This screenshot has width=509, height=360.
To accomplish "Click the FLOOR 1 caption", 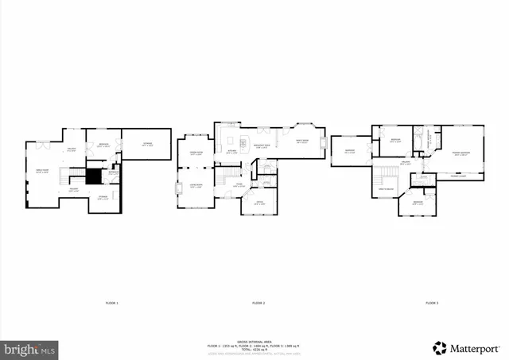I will [111, 303].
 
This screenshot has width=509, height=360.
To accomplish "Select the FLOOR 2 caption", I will [258, 303].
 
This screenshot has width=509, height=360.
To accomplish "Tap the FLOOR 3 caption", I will [431, 303].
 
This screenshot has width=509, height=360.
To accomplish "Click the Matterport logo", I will [467, 347].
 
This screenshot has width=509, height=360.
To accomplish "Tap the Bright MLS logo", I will [30, 348].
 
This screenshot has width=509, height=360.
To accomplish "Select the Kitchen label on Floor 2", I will [231, 150].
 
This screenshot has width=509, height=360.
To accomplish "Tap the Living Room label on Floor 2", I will [196, 185].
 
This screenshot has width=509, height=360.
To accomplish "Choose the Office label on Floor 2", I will [258, 203].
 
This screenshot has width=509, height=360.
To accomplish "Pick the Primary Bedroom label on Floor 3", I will [461, 153].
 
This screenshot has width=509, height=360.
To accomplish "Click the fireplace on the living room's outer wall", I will [177, 189].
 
